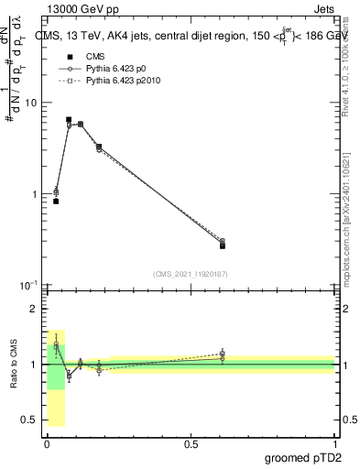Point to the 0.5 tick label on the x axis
[191, 444]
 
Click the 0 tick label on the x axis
[47, 444]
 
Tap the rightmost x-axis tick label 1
[334, 444]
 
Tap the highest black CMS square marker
[69, 120]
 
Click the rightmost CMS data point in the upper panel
[223, 245]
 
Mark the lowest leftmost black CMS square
[56, 201]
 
